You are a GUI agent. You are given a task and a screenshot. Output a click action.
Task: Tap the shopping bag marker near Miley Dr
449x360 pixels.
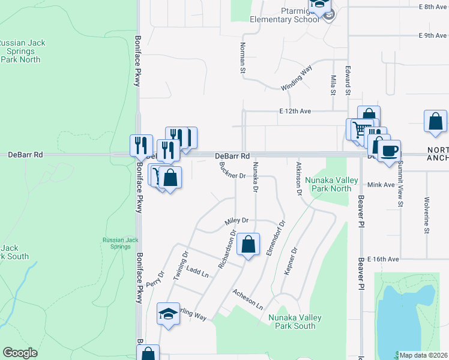[248, 245]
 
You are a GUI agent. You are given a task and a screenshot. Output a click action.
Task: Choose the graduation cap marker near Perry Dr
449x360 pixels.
[169, 314]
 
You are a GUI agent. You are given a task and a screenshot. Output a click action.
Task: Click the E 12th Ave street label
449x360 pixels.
[295, 111]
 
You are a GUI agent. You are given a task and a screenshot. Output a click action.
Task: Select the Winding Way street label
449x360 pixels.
[297, 79]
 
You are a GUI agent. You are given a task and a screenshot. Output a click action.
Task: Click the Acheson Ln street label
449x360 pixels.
[248, 298]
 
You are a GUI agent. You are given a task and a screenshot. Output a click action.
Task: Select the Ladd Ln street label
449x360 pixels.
[197, 273]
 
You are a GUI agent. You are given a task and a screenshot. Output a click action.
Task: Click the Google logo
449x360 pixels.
[20, 353]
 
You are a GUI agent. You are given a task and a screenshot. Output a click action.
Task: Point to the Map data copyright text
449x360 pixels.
[424, 355]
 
